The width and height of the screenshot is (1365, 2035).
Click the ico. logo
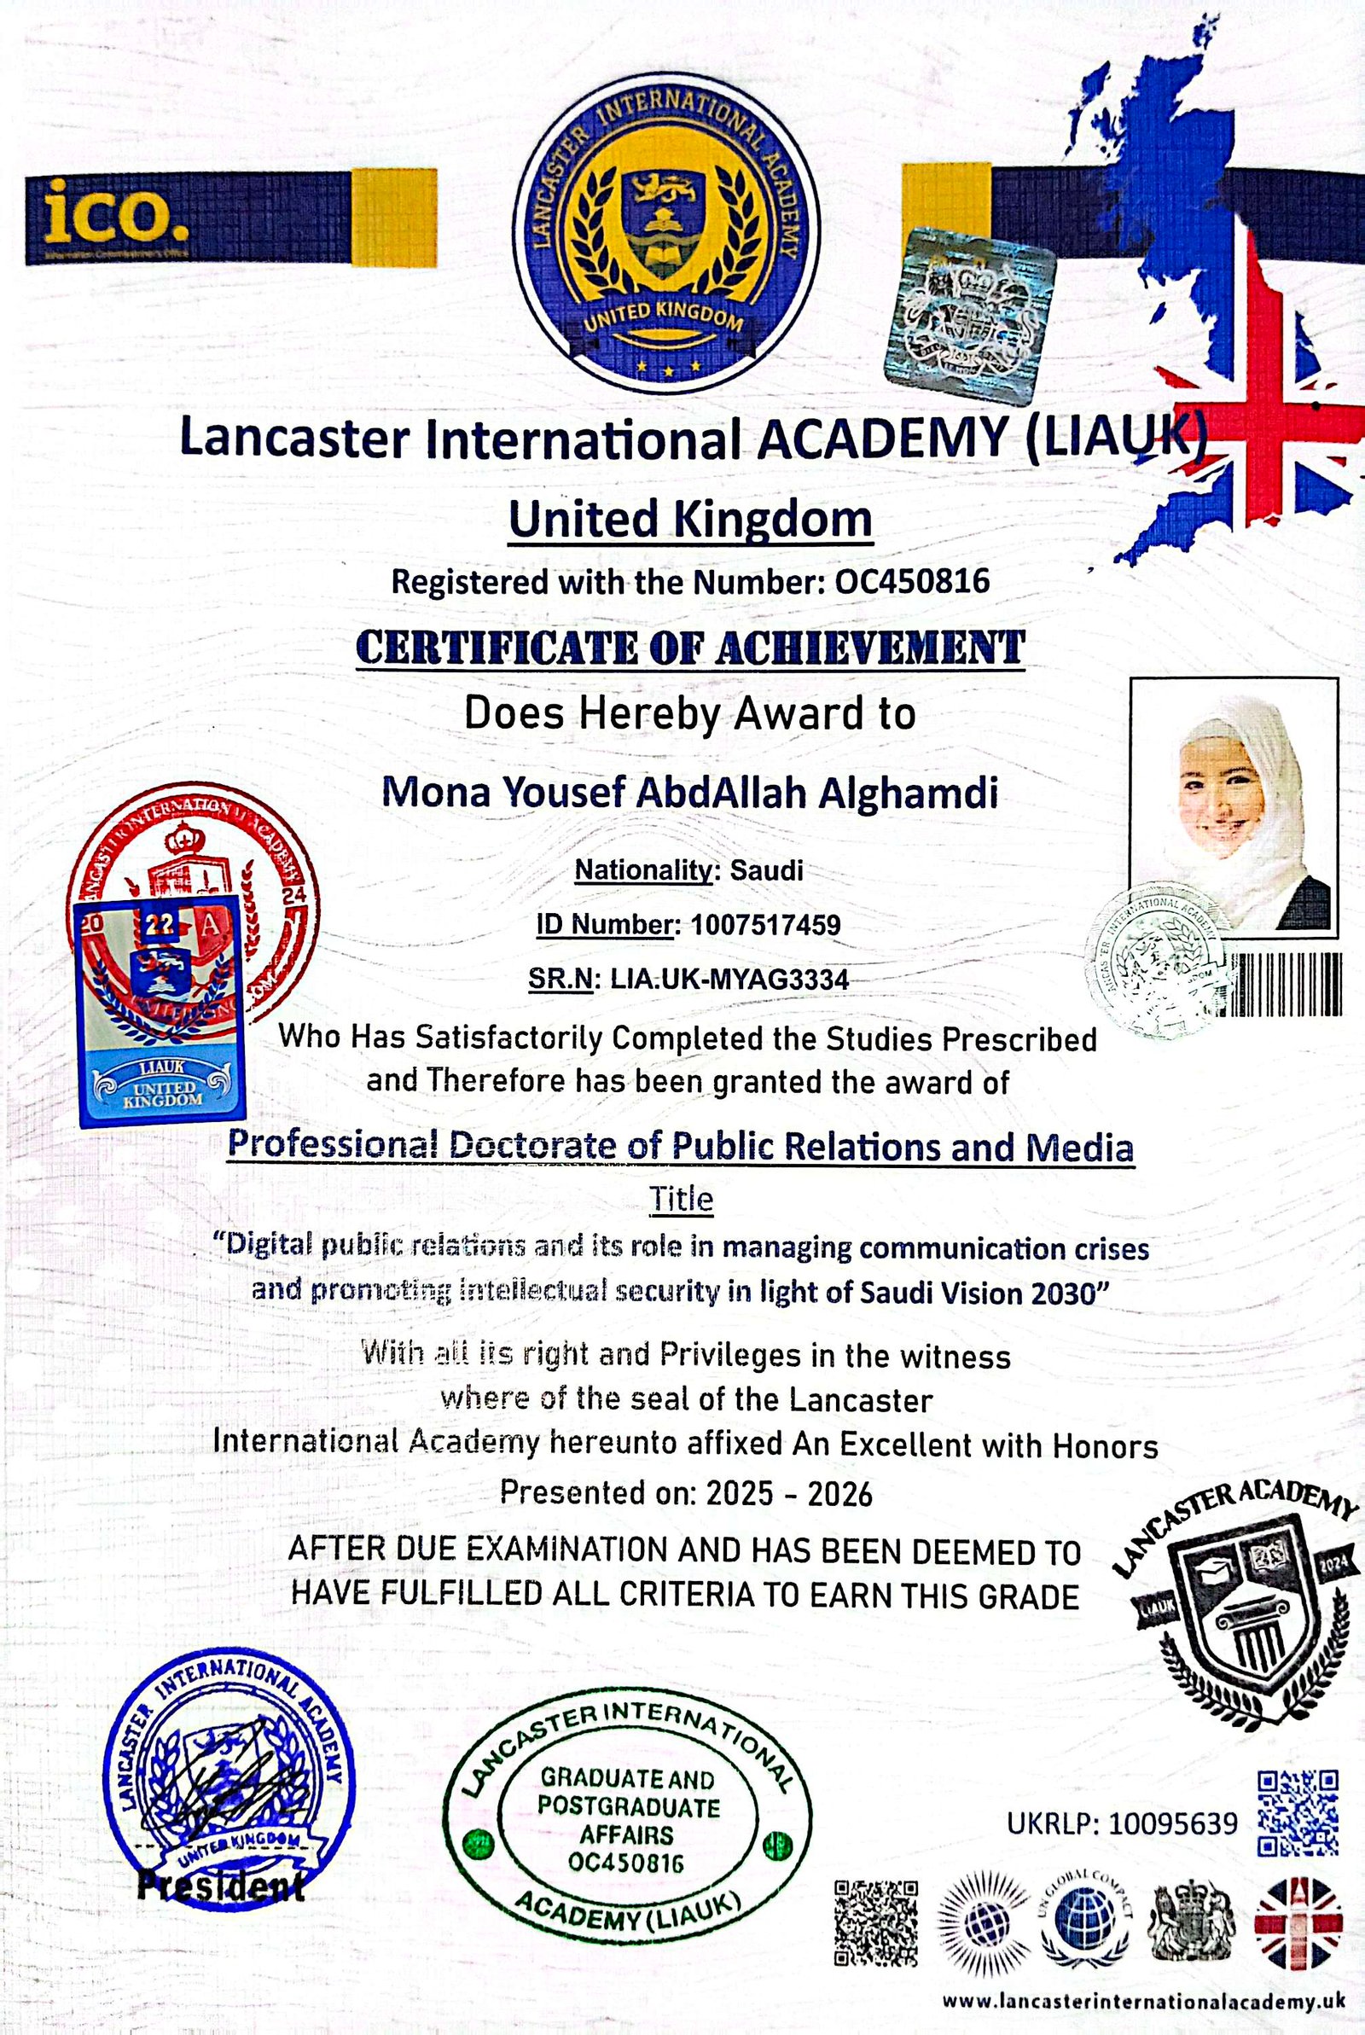[x=113, y=214]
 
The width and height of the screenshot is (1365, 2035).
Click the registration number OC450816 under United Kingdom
[x=911, y=580]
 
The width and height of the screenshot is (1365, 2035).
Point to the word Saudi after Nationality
[x=766, y=869]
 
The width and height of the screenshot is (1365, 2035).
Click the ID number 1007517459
[x=766, y=924]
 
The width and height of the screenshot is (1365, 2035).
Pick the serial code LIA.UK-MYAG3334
[x=729, y=980]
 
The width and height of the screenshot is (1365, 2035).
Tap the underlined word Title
[x=682, y=1200]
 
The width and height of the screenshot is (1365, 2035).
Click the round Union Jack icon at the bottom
[x=1297, y=1922]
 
